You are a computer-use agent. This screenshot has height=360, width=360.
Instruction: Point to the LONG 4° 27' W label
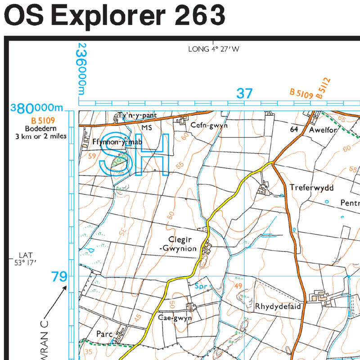pos(213,49)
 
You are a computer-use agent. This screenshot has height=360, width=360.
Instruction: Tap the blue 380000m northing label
pos(37,108)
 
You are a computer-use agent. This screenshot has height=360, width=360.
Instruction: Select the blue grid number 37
pos(245,94)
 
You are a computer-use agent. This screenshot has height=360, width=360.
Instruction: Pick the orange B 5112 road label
pos(323,88)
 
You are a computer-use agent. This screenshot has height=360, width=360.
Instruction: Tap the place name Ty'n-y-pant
pos(137,115)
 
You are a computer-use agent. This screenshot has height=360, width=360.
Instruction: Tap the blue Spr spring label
pos(201,285)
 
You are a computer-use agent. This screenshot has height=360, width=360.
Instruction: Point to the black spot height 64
pos(294,129)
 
